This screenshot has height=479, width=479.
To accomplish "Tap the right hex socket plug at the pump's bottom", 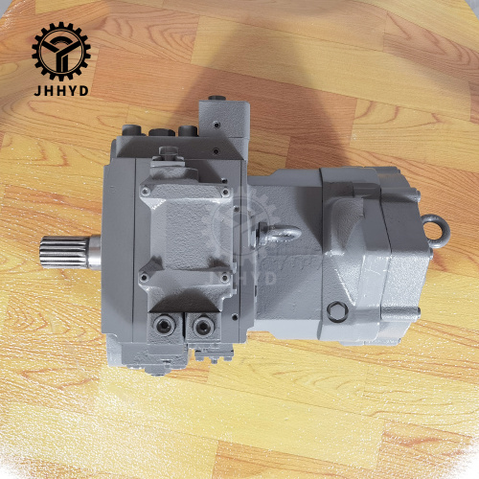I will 202,328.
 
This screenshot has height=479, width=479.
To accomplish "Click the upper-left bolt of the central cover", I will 145,192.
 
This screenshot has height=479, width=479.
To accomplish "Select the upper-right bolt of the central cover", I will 225,192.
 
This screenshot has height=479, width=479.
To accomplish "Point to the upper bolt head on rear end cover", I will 416,194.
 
